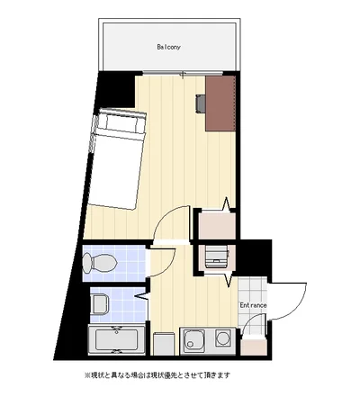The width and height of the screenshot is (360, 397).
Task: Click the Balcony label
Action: click(x=168, y=47)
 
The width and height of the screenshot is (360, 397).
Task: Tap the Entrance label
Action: click(x=253, y=305)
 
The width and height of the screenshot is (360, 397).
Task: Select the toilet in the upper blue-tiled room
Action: click(x=100, y=263)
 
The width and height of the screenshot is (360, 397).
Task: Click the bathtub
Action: click(x=117, y=340)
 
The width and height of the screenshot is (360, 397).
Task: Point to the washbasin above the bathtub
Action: click(x=100, y=303)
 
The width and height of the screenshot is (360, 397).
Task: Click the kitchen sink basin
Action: click(x=194, y=340)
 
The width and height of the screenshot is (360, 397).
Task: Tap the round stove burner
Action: click(x=223, y=338)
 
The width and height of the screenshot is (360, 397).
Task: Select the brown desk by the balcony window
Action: click(x=220, y=104)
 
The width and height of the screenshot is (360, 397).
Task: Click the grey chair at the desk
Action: click(x=201, y=104)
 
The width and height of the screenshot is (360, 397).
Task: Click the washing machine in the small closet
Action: click(x=216, y=256)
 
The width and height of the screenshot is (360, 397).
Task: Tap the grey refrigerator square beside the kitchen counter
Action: click(x=165, y=344)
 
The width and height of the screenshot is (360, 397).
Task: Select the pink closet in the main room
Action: click(x=217, y=225)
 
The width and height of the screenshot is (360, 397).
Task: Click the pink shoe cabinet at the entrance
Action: click(x=253, y=347)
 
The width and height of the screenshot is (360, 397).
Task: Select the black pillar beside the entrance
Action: click(x=255, y=258)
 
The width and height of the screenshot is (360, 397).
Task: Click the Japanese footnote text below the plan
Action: click(x=157, y=375)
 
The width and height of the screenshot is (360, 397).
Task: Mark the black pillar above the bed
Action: click(x=116, y=89)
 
